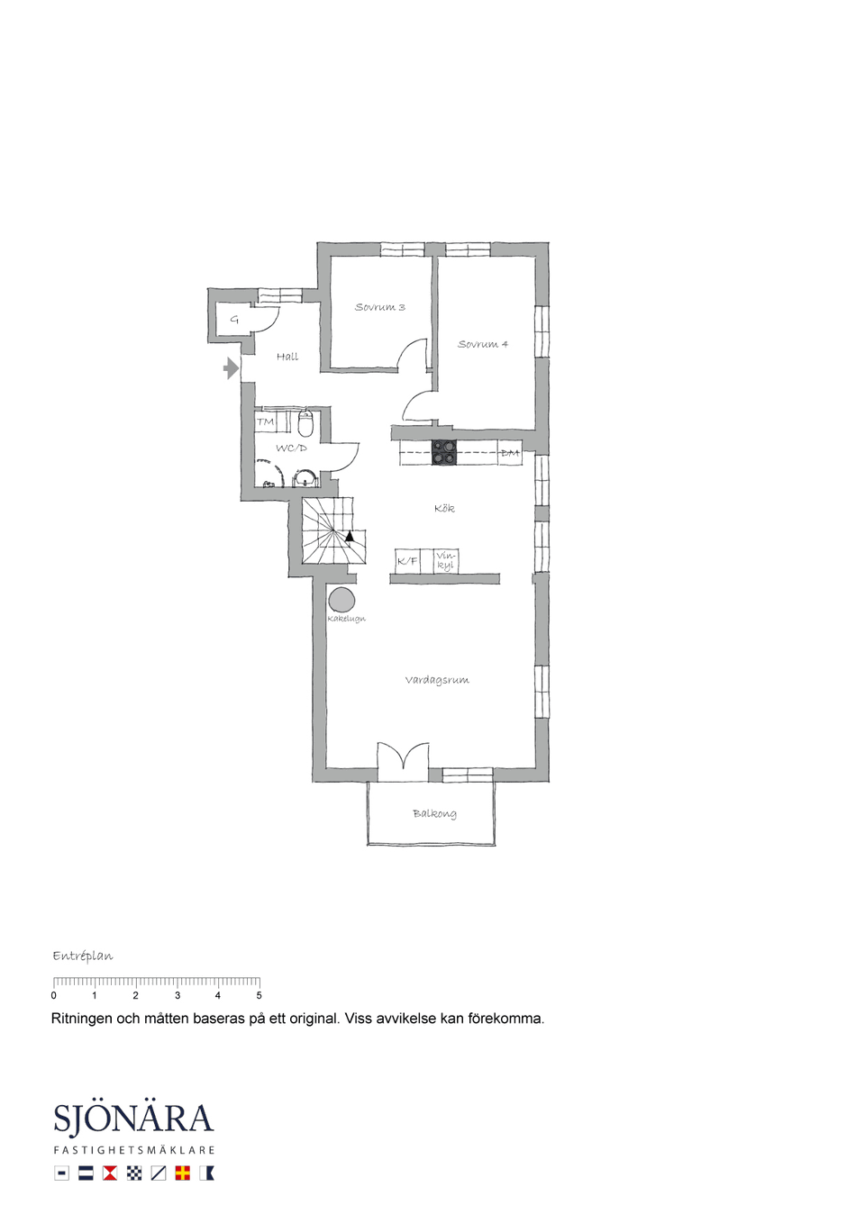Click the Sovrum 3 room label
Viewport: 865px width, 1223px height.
(x=380, y=307)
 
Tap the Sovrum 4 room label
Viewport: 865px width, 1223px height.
(x=483, y=344)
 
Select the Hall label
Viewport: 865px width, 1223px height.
(x=287, y=357)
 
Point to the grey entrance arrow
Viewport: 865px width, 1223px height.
(x=231, y=368)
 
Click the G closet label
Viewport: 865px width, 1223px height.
(x=234, y=320)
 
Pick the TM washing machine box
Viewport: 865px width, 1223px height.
(x=266, y=421)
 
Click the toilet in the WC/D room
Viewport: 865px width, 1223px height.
(x=305, y=423)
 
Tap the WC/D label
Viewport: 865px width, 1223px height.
(x=291, y=448)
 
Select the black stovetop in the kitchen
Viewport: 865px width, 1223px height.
(x=444, y=453)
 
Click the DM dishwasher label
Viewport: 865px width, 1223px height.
(x=510, y=453)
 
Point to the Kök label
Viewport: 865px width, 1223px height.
(x=444, y=508)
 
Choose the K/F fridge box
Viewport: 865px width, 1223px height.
(x=407, y=561)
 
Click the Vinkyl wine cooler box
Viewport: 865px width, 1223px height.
(x=446, y=561)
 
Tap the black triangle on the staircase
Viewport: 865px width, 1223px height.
(x=350, y=536)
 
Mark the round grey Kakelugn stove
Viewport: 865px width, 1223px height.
(x=341, y=600)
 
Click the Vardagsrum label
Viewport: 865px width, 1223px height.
(x=437, y=680)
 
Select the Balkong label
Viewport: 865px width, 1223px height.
(x=434, y=813)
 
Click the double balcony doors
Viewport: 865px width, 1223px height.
(x=403, y=756)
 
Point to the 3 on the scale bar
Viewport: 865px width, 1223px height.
(x=177, y=995)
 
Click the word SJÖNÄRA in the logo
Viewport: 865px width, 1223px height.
(x=133, y=1119)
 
